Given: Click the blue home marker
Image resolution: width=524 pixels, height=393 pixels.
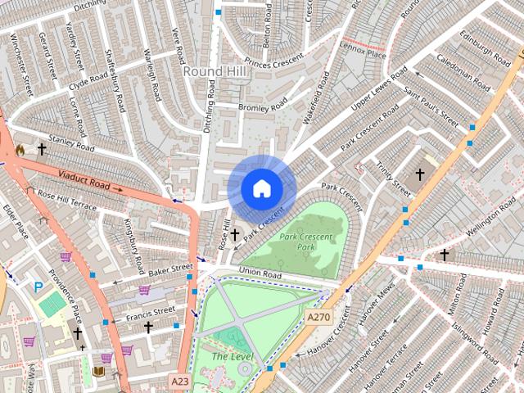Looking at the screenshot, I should click(x=261, y=188).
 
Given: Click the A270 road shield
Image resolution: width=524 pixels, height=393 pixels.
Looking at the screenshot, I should click(x=318, y=316).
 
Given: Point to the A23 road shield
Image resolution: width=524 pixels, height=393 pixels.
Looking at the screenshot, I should click(x=180, y=381).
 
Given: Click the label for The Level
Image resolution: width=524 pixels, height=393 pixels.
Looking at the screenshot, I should click(x=230, y=356).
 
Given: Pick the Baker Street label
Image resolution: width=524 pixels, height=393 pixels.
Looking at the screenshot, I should click(x=169, y=268).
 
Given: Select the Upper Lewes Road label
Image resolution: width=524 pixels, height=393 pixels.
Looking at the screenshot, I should click(x=378, y=92).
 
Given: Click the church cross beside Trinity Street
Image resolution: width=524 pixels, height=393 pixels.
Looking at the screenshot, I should click(x=420, y=174).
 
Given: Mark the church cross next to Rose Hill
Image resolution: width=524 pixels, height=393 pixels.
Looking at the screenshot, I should click(x=235, y=235).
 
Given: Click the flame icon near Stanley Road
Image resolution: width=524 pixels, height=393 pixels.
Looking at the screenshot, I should click(x=20, y=151).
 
